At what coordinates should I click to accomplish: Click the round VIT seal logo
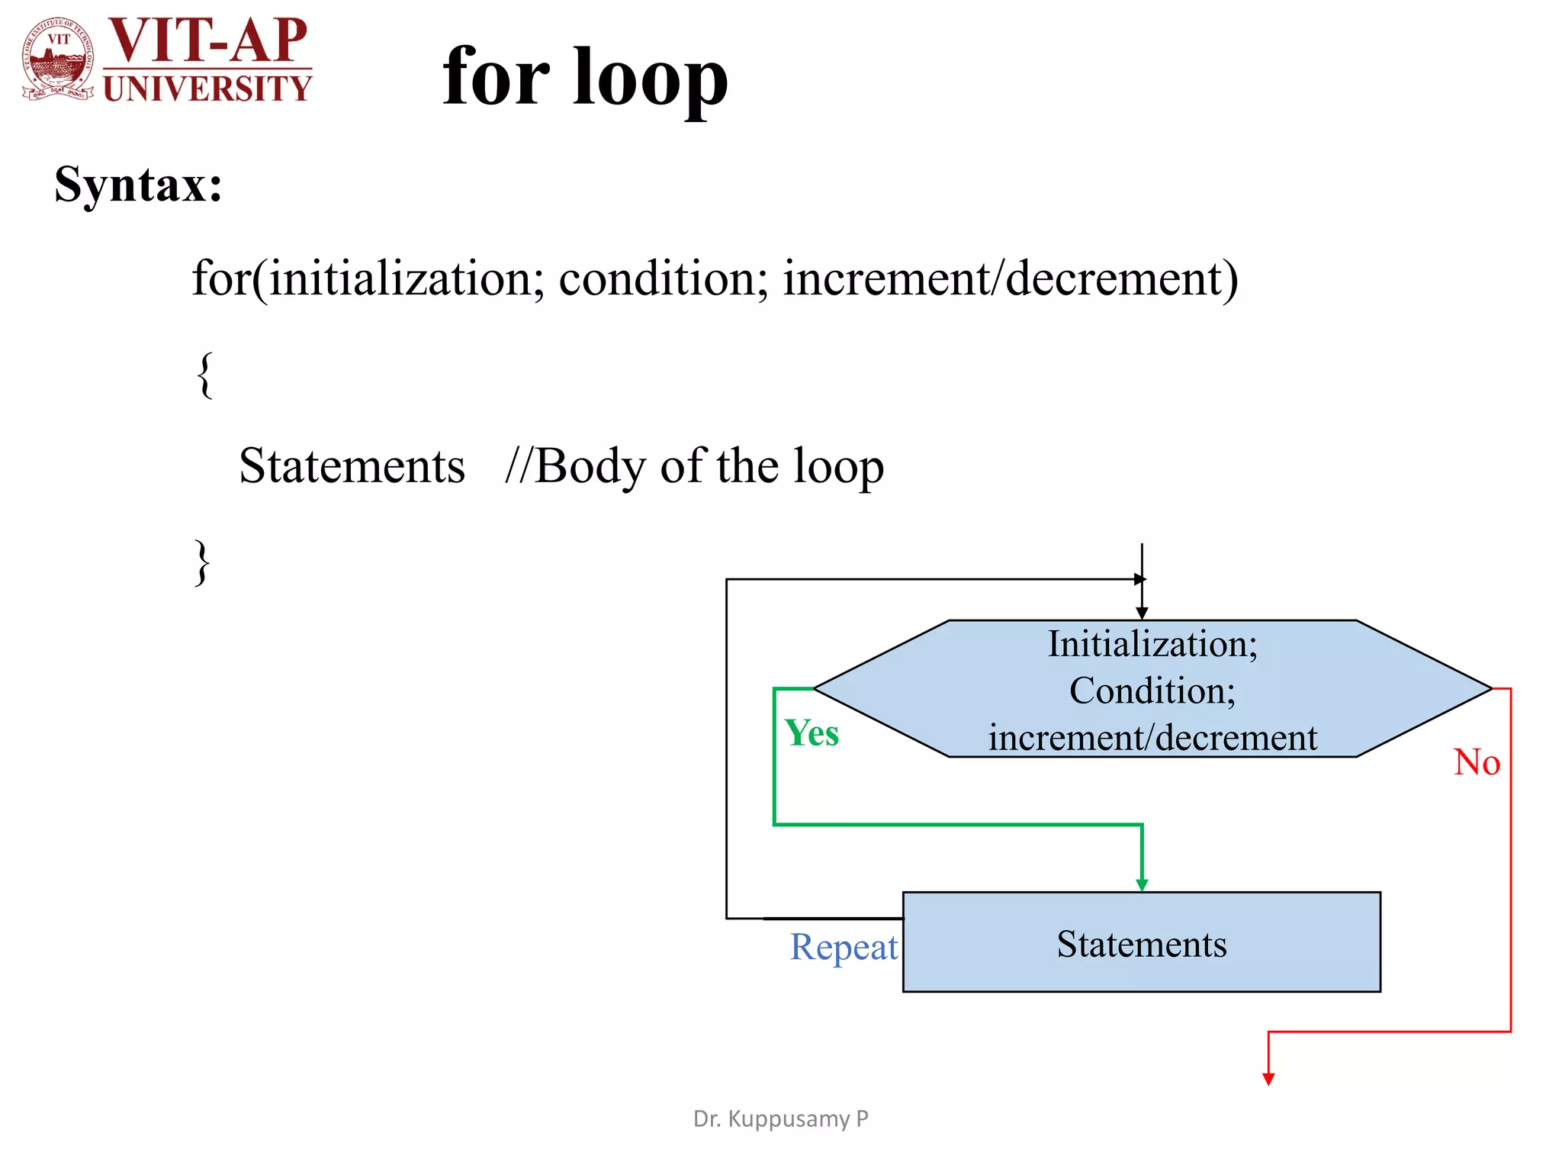click(x=59, y=59)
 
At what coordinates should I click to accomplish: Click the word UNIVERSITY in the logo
click(x=207, y=89)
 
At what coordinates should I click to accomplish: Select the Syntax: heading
click(x=138, y=184)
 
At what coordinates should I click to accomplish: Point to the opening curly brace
click(x=204, y=374)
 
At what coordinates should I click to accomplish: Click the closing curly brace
click(x=202, y=562)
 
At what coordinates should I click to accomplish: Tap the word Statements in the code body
click(x=352, y=466)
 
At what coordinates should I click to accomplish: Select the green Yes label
click(x=812, y=733)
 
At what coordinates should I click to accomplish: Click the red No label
click(x=1477, y=762)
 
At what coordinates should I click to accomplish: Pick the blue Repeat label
click(x=844, y=947)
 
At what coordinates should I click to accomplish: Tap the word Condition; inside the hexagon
click(x=1152, y=691)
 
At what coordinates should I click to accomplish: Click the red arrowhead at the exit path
click(x=1268, y=1079)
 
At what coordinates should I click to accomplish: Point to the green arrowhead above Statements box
click(x=1142, y=885)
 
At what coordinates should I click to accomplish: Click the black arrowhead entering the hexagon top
click(x=1142, y=613)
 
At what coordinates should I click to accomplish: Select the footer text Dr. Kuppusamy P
click(x=780, y=1119)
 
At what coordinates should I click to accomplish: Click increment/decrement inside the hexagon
click(x=1152, y=738)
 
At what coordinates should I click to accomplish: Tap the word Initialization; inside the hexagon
click(x=1152, y=644)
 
